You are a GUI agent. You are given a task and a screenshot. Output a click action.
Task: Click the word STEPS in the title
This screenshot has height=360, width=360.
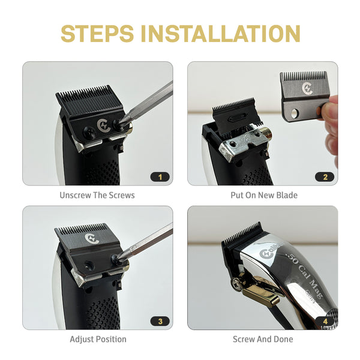[x=97, y=34]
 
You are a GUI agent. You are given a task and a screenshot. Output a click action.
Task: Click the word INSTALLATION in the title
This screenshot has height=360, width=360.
[x=220, y=34]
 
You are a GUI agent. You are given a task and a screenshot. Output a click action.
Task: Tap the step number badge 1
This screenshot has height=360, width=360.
[x=160, y=177]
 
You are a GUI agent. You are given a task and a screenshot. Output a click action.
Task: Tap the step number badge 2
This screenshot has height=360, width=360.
[x=325, y=177]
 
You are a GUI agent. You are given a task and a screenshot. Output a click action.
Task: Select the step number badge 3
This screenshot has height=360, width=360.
[x=160, y=321]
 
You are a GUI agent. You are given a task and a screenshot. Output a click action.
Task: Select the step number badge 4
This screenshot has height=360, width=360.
[x=325, y=321]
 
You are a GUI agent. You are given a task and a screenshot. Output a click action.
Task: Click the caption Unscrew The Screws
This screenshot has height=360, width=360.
[x=97, y=195]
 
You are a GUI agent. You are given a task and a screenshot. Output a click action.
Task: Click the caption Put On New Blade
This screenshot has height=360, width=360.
[x=264, y=195]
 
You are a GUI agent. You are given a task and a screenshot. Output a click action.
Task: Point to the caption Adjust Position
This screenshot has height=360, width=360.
[x=98, y=339]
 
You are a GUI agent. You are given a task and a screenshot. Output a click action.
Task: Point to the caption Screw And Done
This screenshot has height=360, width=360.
[x=263, y=339]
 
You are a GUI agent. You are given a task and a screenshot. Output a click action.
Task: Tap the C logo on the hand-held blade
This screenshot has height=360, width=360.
[x=307, y=88]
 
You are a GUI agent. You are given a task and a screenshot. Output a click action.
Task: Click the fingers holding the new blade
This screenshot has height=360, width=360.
[x=329, y=124]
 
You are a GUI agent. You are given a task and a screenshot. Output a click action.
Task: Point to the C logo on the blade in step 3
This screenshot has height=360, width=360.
[x=92, y=239]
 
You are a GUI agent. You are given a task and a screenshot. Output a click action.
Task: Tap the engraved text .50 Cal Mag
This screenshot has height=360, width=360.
[x=304, y=273]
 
